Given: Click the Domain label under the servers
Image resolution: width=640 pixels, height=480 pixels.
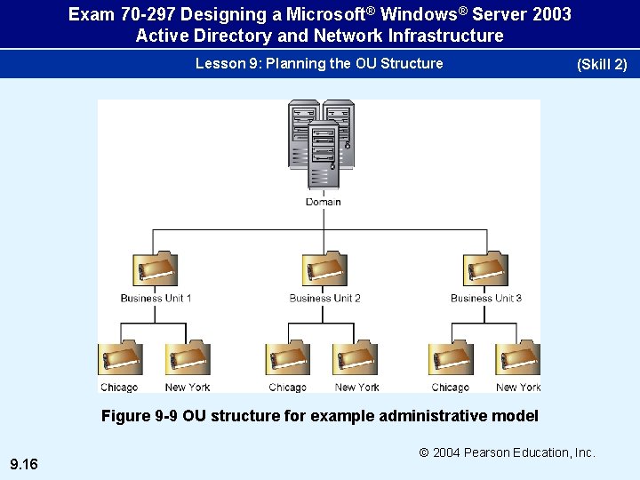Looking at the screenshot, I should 323,202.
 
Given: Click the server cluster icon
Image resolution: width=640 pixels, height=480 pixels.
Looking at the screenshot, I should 322,144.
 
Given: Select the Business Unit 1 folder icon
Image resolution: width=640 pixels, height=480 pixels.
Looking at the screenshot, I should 155,269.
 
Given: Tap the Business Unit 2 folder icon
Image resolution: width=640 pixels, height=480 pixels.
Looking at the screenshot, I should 324,269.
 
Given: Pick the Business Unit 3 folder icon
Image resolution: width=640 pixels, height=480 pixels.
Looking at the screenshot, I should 485,269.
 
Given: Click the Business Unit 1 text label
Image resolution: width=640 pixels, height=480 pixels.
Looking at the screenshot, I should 156,298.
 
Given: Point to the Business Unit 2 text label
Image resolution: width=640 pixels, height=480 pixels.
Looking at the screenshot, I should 324,298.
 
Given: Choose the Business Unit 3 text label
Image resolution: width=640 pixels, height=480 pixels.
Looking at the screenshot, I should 485,298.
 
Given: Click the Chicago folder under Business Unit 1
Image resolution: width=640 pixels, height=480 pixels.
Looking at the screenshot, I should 119,359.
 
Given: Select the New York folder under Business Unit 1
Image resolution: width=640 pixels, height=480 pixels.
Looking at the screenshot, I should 188,359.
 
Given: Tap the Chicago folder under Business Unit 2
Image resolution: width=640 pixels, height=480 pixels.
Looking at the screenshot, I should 287,359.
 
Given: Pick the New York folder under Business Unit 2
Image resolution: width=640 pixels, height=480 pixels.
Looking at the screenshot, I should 356,359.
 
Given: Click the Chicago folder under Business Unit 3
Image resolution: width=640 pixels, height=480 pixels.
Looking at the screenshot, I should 450,359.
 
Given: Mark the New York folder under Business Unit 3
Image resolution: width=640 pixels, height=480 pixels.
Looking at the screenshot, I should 518,359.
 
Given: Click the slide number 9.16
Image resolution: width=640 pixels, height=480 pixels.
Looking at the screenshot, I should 23,463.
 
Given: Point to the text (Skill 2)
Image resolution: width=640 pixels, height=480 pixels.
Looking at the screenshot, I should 602,64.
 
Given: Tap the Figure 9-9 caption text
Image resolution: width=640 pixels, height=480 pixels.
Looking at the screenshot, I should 319,416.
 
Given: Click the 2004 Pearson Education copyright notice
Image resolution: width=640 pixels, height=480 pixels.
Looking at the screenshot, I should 507,452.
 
